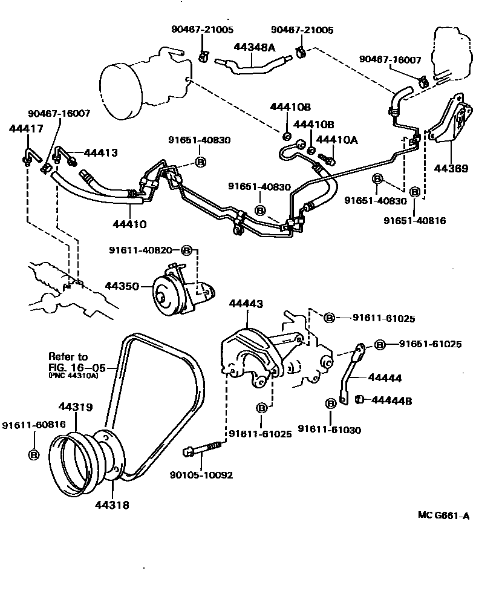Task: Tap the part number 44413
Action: (x=100, y=153)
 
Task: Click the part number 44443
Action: (x=246, y=304)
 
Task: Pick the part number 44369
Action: (x=449, y=169)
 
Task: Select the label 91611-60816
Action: (x=33, y=425)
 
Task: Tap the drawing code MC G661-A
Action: (x=443, y=515)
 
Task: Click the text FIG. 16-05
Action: (x=77, y=367)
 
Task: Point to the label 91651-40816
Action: (x=414, y=221)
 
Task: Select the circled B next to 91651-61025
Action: (x=379, y=344)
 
